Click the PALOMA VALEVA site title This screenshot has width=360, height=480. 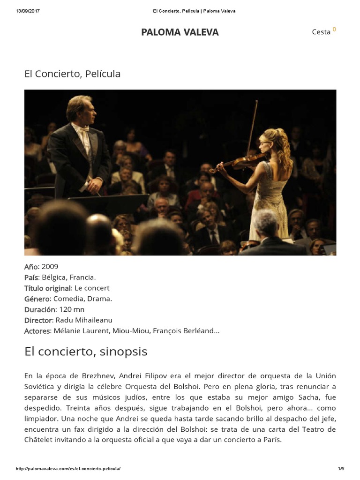point(180,32)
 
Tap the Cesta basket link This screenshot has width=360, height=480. point(322,32)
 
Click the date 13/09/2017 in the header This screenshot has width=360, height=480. point(28,11)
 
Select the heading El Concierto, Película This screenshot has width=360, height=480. point(72,74)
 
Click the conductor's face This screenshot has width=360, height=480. point(88,112)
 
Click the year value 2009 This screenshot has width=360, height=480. point(50,266)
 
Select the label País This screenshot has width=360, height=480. point(31,277)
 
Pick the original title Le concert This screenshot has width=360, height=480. point(92,288)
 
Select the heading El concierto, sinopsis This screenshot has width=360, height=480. point(86,352)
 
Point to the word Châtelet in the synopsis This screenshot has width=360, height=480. point(40,440)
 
